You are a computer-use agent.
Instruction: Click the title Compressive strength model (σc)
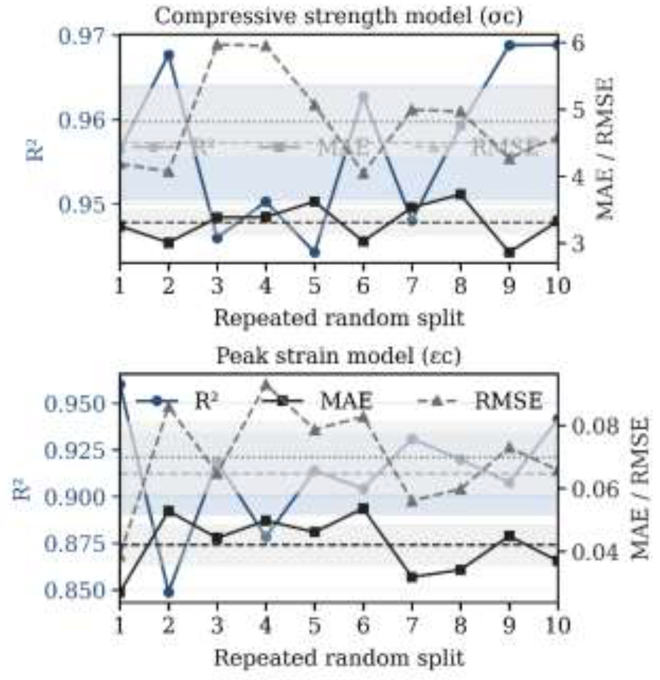coord(338,16)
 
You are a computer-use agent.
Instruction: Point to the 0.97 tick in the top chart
coord(85,36)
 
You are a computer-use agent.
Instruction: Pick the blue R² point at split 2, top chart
coord(169,55)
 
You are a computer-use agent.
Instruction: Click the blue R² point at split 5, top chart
coord(314,253)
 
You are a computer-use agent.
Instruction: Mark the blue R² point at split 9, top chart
coord(509,45)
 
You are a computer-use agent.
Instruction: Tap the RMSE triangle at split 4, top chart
coord(266,46)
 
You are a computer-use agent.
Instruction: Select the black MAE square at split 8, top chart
coord(460,194)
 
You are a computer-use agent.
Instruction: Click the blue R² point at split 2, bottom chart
coord(169,592)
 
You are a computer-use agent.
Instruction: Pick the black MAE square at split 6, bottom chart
coord(363,509)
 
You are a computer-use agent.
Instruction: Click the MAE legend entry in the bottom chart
coord(346,401)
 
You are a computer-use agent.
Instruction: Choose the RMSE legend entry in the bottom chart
coord(508,401)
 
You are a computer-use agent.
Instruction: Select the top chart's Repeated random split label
coord(338,318)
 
